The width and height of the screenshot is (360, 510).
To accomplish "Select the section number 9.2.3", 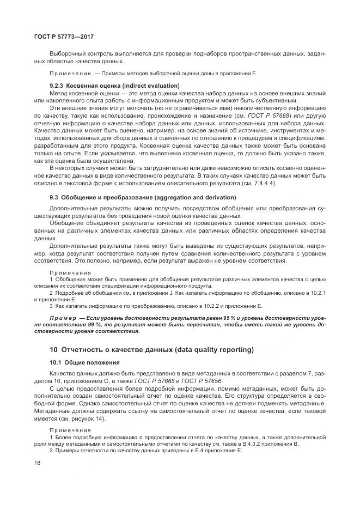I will pos(58,86).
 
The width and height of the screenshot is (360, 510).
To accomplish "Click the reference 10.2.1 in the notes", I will pos(317,293).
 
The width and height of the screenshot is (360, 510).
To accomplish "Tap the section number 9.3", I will pos(54,197).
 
